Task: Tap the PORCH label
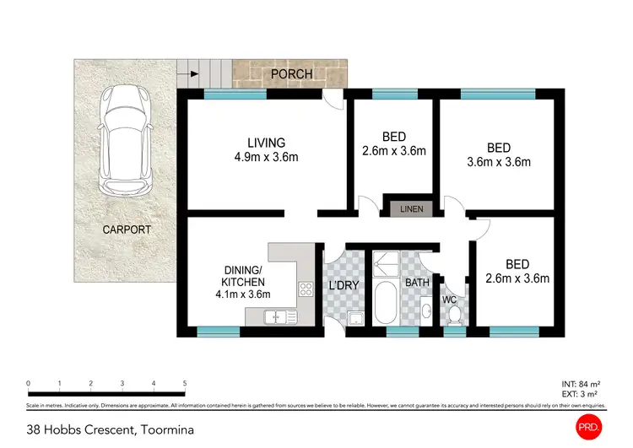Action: point(291,74)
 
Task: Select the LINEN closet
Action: point(411,208)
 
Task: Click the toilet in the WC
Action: point(454,314)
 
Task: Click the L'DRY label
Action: point(344,285)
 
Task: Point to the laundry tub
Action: point(356,318)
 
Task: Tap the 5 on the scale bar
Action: point(184,384)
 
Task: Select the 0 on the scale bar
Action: point(29,384)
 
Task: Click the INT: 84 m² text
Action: point(582,384)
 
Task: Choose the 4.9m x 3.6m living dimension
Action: point(266,157)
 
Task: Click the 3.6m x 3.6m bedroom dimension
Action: point(499,162)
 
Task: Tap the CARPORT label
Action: point(127,229)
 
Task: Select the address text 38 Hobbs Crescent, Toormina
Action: point(110,429)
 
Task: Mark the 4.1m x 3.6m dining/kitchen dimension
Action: point(244,294)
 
